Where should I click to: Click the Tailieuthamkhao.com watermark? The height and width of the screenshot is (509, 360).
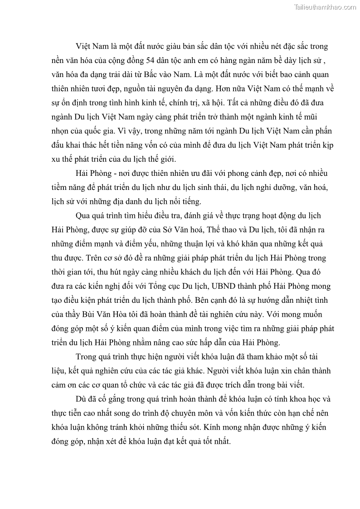click(x=325, y=6)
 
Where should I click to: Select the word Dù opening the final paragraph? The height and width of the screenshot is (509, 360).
click(x=82, y=399)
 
